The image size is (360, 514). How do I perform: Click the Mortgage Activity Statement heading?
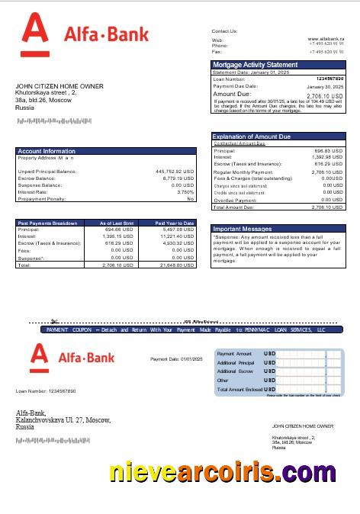255,65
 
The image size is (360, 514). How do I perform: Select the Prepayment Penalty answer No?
191,199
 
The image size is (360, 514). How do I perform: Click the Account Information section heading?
47,151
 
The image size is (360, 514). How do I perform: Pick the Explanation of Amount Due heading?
258,137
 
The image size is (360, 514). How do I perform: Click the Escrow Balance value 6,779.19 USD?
178,178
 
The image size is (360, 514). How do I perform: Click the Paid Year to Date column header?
175,223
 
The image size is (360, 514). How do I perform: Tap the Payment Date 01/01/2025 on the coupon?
176,358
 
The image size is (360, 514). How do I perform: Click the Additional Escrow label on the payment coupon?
233,371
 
